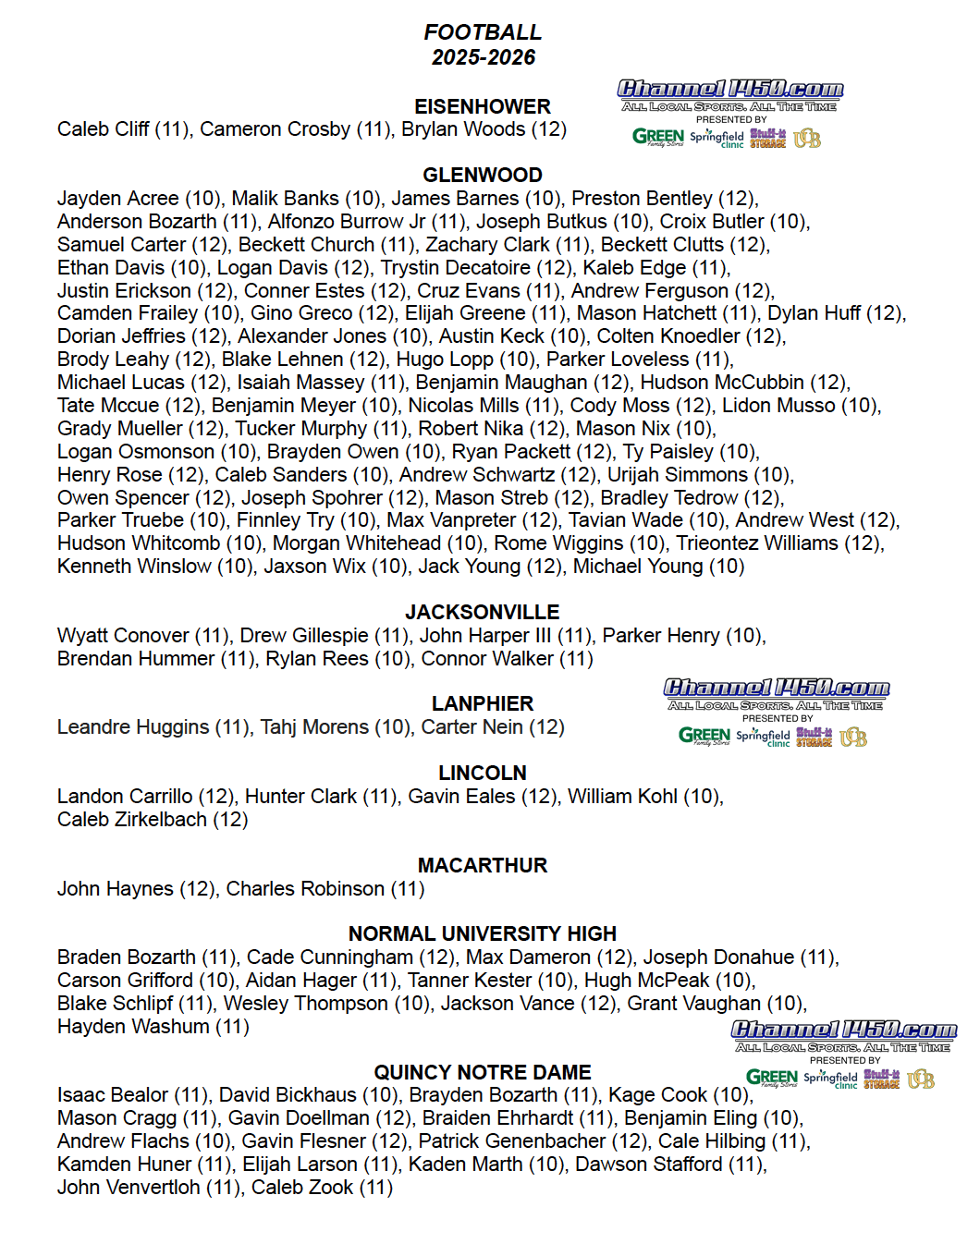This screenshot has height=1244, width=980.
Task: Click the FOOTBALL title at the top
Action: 483,32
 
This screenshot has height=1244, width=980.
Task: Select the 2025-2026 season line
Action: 483,57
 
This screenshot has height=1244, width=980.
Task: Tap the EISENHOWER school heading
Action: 483,106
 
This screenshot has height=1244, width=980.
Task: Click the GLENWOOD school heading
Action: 483,175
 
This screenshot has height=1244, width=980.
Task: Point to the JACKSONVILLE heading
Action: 483,612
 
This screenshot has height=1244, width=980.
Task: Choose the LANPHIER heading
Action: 483,703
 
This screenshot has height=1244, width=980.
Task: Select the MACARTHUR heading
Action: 483,865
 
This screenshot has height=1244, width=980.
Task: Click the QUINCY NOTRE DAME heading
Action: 483,1072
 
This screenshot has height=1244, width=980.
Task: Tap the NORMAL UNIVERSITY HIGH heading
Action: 483,933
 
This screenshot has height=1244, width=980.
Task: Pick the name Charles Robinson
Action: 305,889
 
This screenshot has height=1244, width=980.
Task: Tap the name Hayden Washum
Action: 133,1027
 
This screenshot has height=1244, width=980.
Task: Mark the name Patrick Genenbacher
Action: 512,1141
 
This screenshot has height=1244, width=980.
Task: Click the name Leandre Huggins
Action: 133,727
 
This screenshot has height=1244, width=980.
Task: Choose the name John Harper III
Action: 485,636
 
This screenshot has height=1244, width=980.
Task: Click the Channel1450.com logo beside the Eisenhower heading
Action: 730,90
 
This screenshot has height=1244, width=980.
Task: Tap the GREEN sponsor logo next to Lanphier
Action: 704,736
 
